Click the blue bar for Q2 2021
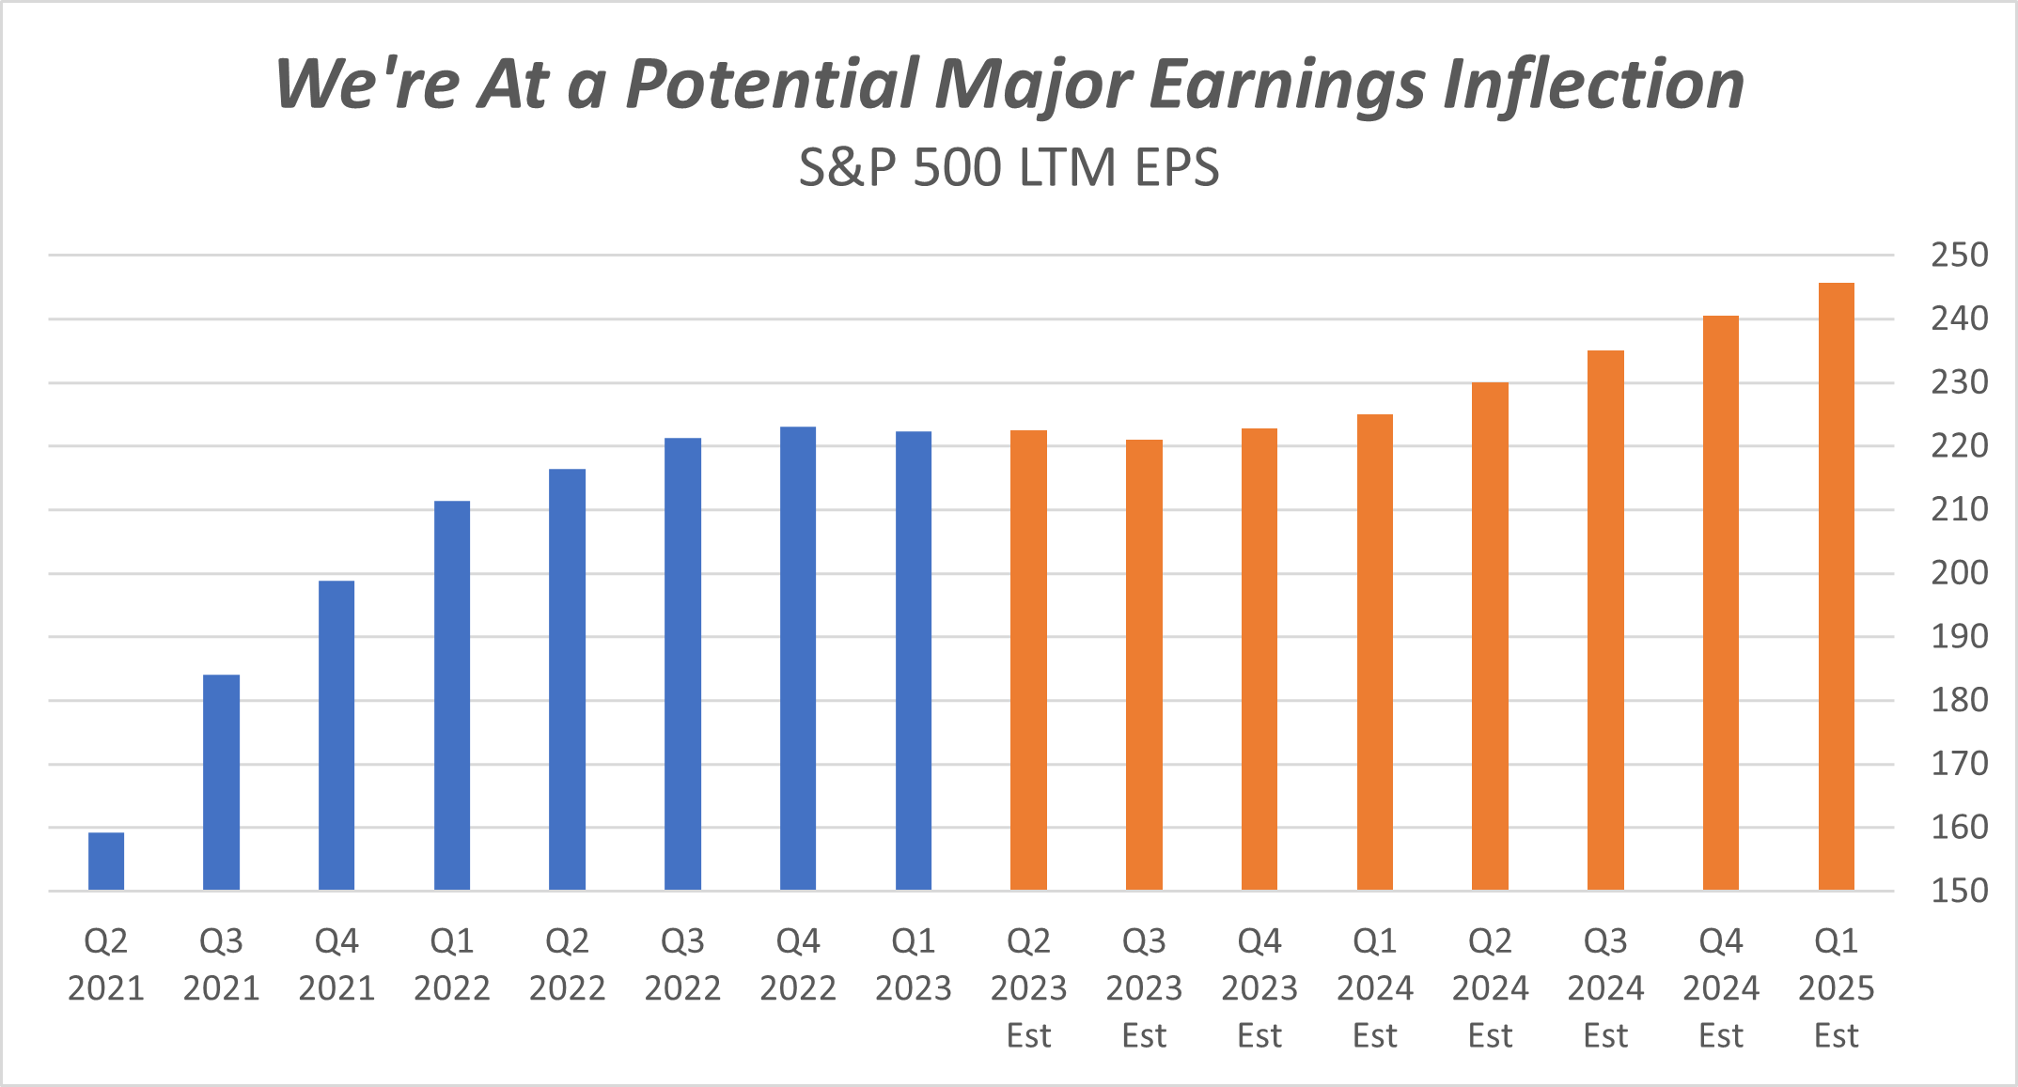[106, 861]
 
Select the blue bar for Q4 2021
[336, 735]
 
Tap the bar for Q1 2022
[452, 695]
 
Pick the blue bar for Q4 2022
[798, 658]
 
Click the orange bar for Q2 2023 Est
[1028, 660]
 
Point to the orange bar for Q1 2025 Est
[1836, 586]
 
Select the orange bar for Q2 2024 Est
[1490, 636]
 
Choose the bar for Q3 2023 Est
[1144, 664]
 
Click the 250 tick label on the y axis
[1959, 255]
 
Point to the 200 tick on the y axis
[1959, 572]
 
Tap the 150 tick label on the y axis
[1959, 891]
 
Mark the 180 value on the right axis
[1959, 700]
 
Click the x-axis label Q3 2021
[222, 964]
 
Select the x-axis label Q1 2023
[914, 964]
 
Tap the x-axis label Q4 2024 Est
[1721, 987]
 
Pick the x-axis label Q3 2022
[682, 964]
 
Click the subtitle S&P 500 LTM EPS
[1009, 168]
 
